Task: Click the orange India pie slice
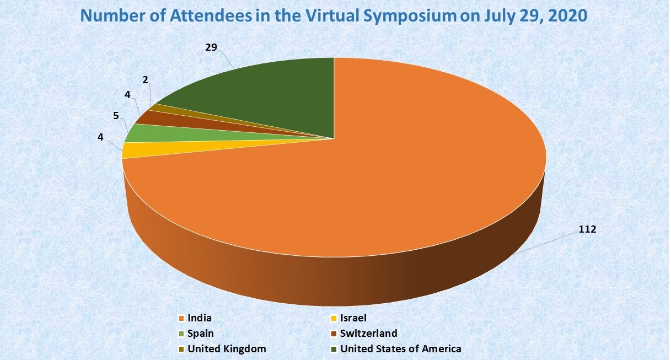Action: tap(386, 182)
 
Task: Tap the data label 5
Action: tap(116, 116)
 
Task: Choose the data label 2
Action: tap(145, 80)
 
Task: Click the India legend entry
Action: tap(199, 318)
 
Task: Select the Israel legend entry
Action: tap(353, 318)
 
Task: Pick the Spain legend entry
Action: tap(200, 334)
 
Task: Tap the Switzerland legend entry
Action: tap(368, 334)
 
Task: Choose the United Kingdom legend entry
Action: tap(227, 349)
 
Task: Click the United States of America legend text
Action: tap(400, 349)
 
